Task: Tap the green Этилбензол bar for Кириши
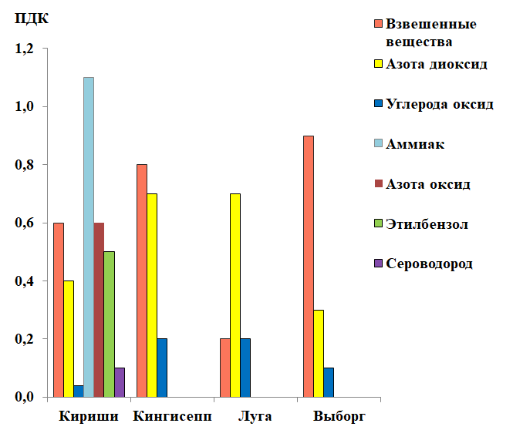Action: click(109, 324)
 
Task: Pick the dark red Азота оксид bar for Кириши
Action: click(99, 309)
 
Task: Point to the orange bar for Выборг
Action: click(309, 266)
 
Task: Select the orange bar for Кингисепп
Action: click(142, 281)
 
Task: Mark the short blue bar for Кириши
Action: click(79, 391)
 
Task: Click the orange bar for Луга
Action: click(224, 368)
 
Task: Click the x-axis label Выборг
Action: click(339, 417)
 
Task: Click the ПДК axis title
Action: click(31, 18)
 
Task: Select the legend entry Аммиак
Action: click(415, 144)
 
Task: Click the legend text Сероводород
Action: click(429, 264)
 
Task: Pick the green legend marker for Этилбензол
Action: click(376, 224)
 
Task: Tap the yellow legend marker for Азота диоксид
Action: click(376, 64)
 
